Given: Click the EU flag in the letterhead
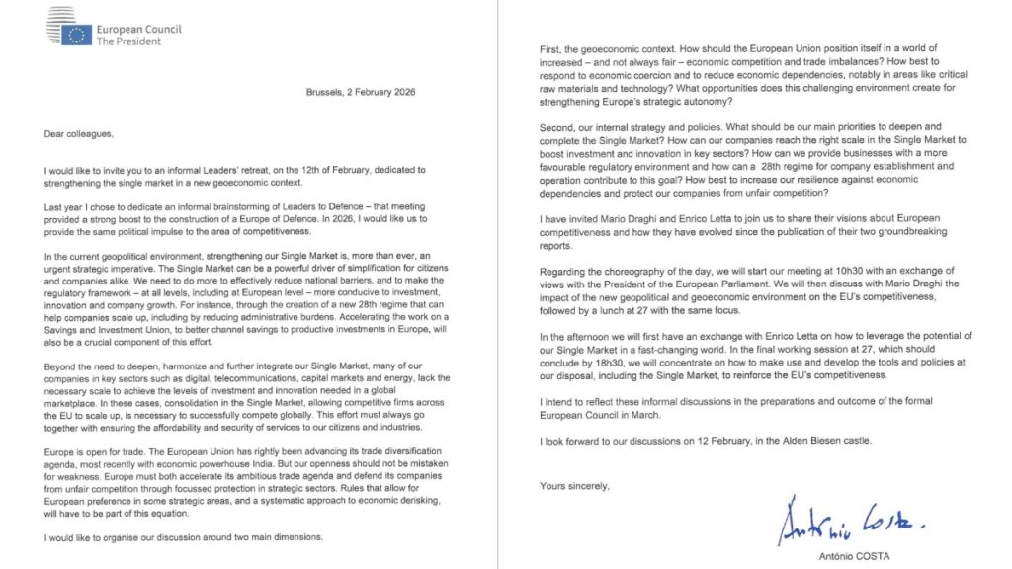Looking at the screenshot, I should [x=78, y=35].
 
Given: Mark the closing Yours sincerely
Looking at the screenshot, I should [x=574, y=485].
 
